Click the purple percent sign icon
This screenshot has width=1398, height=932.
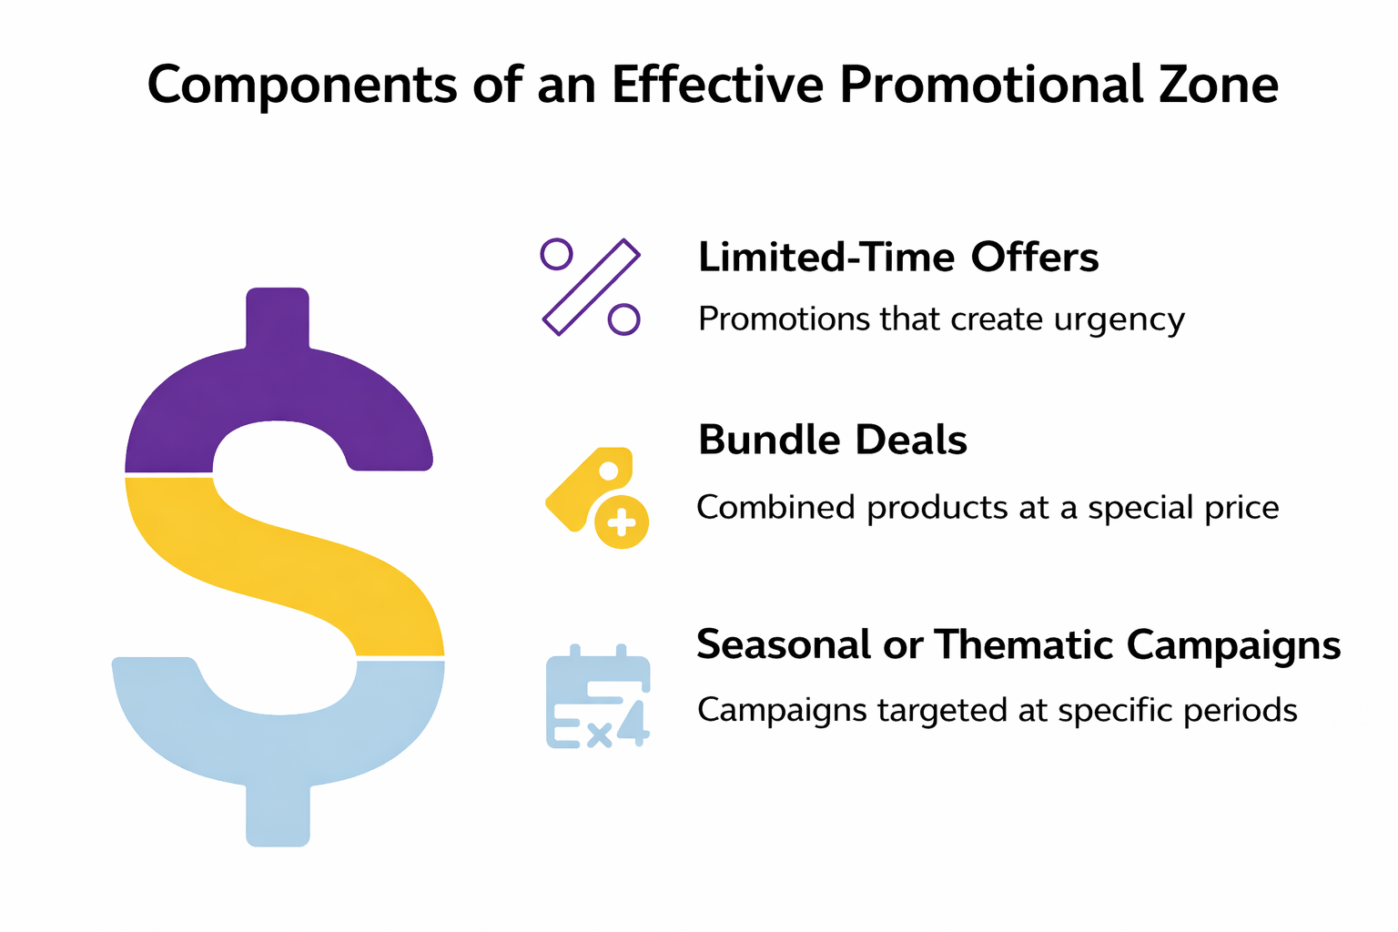pos(592,288)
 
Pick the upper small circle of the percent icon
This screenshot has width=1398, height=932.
pos(556,254)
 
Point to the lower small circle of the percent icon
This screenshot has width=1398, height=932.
pos(623,319)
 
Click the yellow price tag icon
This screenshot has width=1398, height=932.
pos(587,487)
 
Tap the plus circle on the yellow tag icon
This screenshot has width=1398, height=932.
pos(622,522)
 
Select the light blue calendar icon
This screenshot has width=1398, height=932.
pos(598,697)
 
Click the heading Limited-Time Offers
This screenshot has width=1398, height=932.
pos(898,258)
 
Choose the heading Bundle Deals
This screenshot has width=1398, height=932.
pos(832,441)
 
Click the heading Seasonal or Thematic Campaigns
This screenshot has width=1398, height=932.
pos(1018,644)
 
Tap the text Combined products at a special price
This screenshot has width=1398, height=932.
pos(988,507)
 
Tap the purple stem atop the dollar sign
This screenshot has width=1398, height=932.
pos(278,319)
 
